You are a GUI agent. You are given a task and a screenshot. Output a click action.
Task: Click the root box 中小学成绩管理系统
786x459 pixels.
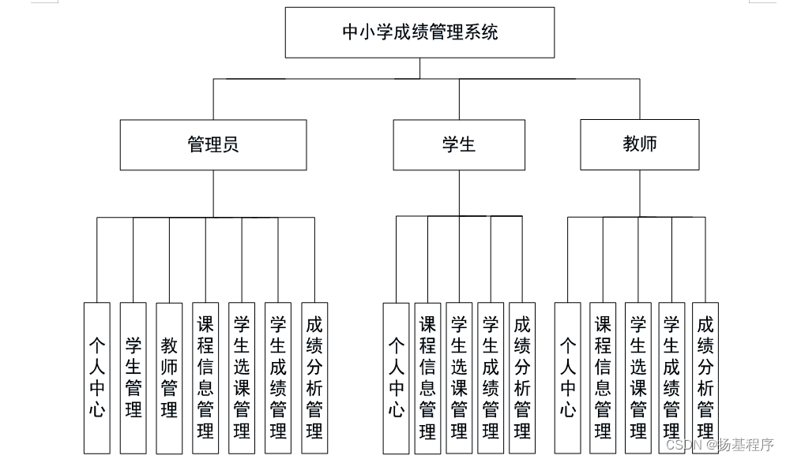(x=419, y=32)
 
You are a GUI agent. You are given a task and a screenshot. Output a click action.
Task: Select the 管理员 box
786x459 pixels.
(x=213, y=144)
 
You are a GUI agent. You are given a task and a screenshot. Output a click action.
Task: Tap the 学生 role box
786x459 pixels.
(x=459, y=144)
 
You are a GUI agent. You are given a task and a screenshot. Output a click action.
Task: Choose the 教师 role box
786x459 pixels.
(x=640, y=144)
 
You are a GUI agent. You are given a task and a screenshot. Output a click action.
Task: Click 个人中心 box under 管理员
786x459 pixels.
(x=97, y=378)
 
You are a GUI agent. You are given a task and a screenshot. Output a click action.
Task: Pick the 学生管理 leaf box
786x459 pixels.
(x=133, y=378)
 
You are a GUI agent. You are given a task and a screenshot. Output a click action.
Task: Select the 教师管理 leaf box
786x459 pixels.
(x=169, y=378)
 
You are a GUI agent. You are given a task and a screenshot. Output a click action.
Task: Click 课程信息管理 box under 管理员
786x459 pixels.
(x=205, y=378)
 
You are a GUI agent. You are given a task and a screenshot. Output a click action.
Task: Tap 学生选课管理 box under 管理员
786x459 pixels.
(x=242, y=378)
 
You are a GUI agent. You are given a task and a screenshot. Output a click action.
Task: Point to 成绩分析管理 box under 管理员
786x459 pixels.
(x=314, y=378)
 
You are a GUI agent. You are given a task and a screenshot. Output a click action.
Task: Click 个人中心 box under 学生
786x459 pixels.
(x=396, y=378)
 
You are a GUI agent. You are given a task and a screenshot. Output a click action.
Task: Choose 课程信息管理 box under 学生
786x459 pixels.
(x=427, y=378)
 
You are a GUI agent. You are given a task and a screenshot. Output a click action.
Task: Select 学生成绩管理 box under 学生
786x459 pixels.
(x=491, y=378)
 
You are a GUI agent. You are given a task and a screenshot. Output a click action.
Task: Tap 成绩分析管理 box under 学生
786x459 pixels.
(x=522, y=378)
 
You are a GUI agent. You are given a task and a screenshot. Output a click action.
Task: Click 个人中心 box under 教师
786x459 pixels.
(x=567, y=378)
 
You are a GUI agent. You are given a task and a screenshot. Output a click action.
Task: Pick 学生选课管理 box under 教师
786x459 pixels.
(x=637, y=378)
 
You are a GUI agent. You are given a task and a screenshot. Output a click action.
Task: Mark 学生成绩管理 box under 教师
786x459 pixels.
(x=672, y=378)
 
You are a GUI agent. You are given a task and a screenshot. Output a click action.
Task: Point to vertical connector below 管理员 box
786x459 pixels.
(x=213, y=193)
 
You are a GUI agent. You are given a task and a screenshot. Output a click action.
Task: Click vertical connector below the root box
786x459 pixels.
(x=419, y=68)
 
